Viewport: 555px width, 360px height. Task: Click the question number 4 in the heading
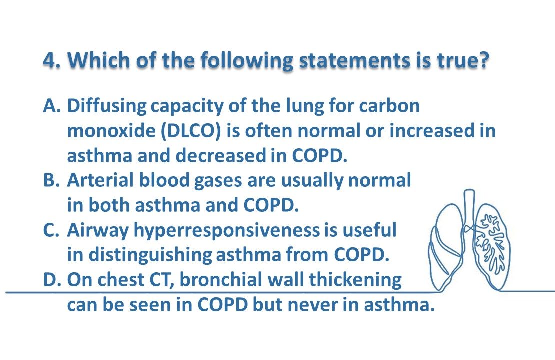tap(49, 60)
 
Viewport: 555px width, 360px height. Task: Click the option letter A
tap(51, 106)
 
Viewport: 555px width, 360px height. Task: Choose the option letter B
tap(51, 180)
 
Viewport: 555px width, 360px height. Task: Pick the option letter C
tap(51, 230)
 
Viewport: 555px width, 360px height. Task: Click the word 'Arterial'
tap(98, 180)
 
